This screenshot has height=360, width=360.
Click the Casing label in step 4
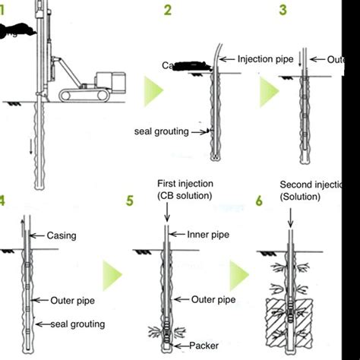coord(62,235)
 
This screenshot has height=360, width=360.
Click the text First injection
coord(185,185)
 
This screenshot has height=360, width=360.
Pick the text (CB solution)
coord(185,197)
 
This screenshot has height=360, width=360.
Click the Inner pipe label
coord(207,235)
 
